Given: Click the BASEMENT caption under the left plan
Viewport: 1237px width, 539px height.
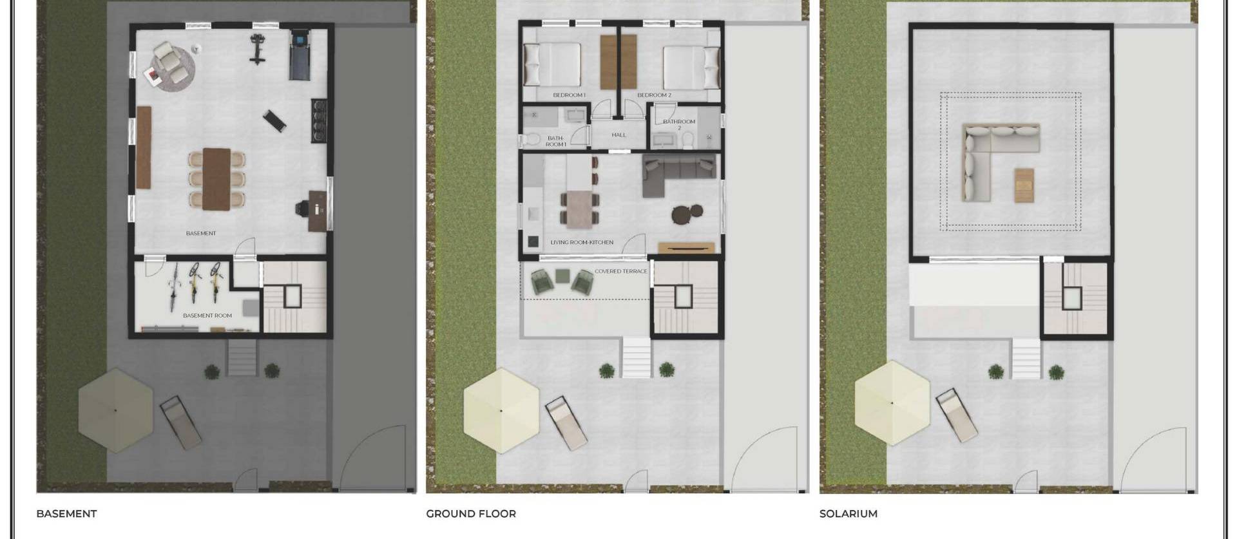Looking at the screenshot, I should click(x=66, y=514).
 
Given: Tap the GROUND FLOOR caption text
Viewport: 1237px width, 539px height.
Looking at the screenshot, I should click(x=471, y=514).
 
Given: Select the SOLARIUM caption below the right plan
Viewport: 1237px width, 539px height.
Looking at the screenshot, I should click(x=848, y=514).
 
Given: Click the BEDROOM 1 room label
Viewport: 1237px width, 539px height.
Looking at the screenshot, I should click(x=569, y=95).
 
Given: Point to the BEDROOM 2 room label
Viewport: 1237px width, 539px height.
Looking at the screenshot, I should click(x=654, y=95).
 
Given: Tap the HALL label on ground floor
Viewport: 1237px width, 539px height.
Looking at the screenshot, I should click(x=618, y=135).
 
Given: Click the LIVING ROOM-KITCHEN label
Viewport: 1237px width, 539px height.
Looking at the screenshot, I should click(x=582, y=243).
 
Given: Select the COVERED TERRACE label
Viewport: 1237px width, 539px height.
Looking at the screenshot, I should click(x=620, y=272).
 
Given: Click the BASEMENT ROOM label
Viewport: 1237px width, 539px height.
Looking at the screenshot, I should click(x=207, y=316).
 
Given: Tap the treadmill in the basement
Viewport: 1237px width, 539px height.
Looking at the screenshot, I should click(x=299, y=53).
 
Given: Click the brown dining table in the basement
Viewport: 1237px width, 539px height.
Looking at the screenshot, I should click(x=216, y=179).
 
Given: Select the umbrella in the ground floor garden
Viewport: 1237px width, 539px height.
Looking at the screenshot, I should click(x=501, y=410).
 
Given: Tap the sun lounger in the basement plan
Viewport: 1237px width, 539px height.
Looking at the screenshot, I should click(x=181, y=422).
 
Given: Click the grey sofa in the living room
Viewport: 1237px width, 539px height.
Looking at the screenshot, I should click(x=676, y=173).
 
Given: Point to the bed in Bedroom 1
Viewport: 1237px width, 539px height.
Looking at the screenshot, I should click(x=552, y=64).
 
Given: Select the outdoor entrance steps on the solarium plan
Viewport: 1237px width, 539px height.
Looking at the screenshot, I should click(x=1026, y=358).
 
